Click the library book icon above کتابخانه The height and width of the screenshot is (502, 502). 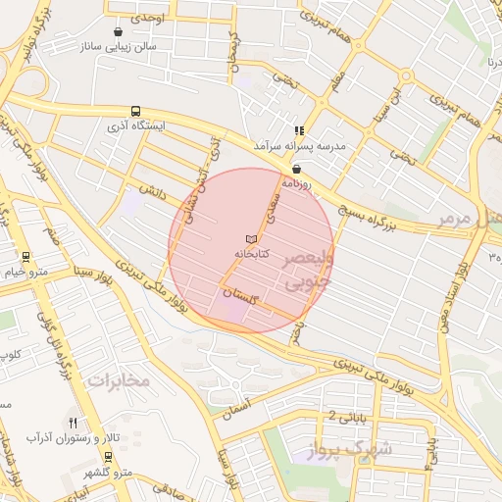pyautogui.click(x=251, y=239)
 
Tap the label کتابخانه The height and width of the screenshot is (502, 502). pyautogui.click(x=251, y=253)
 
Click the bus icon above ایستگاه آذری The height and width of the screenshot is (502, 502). pyautogui.click(x=135, y=112)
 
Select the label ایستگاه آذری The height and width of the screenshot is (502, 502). pyautogui.click(x=137, y=126)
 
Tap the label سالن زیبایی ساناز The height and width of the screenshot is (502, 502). pyautogui.click(x=121, y=45)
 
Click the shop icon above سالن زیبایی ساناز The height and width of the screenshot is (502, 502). pyautogui.click(x=119, y=30)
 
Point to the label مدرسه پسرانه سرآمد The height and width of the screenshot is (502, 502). pyautogui.click(x=300, y=145)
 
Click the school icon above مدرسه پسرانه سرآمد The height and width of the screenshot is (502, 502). pyautogui.click(x=299, y=130)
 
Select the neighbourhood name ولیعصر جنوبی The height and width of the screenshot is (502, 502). pyautogui.click(x=308, y=272)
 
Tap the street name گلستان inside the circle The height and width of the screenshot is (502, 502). pyautogui.click(x=237, y=293)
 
